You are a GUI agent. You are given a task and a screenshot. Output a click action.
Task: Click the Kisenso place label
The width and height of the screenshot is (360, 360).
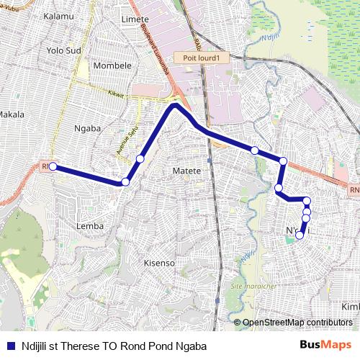click(x=160, y=263)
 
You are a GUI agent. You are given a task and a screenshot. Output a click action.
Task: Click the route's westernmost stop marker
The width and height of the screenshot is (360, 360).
click(x=53, y=166)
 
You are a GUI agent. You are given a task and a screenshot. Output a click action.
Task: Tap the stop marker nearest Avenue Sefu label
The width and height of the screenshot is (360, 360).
click(x=140, y=158)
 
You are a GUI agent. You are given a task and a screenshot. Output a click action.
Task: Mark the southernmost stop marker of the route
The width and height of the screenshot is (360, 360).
click(x=300, y=235)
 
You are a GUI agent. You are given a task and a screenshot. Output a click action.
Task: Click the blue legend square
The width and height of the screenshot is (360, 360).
click(x=9, y=345)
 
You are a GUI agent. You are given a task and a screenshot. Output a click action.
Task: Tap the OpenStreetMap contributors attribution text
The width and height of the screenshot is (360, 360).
click(x=297, y=322)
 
